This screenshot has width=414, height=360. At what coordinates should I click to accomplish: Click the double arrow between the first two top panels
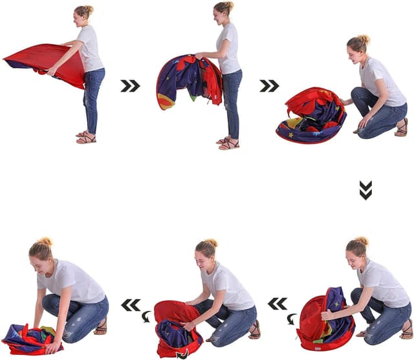(x=130, y=86)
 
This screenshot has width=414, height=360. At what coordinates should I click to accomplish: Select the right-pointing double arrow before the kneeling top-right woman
(x=269, y=86)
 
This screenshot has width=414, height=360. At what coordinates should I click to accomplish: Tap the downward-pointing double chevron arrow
(x=365, y=190)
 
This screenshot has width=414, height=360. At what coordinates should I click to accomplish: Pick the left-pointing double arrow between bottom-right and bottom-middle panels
(x=278, y=303)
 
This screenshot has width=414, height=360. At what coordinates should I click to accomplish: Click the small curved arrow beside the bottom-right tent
(x=292, y=319)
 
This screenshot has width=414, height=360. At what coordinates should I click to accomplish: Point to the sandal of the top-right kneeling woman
(x=402, y=128)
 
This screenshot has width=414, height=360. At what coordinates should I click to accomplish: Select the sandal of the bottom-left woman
(x=100, y=328)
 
